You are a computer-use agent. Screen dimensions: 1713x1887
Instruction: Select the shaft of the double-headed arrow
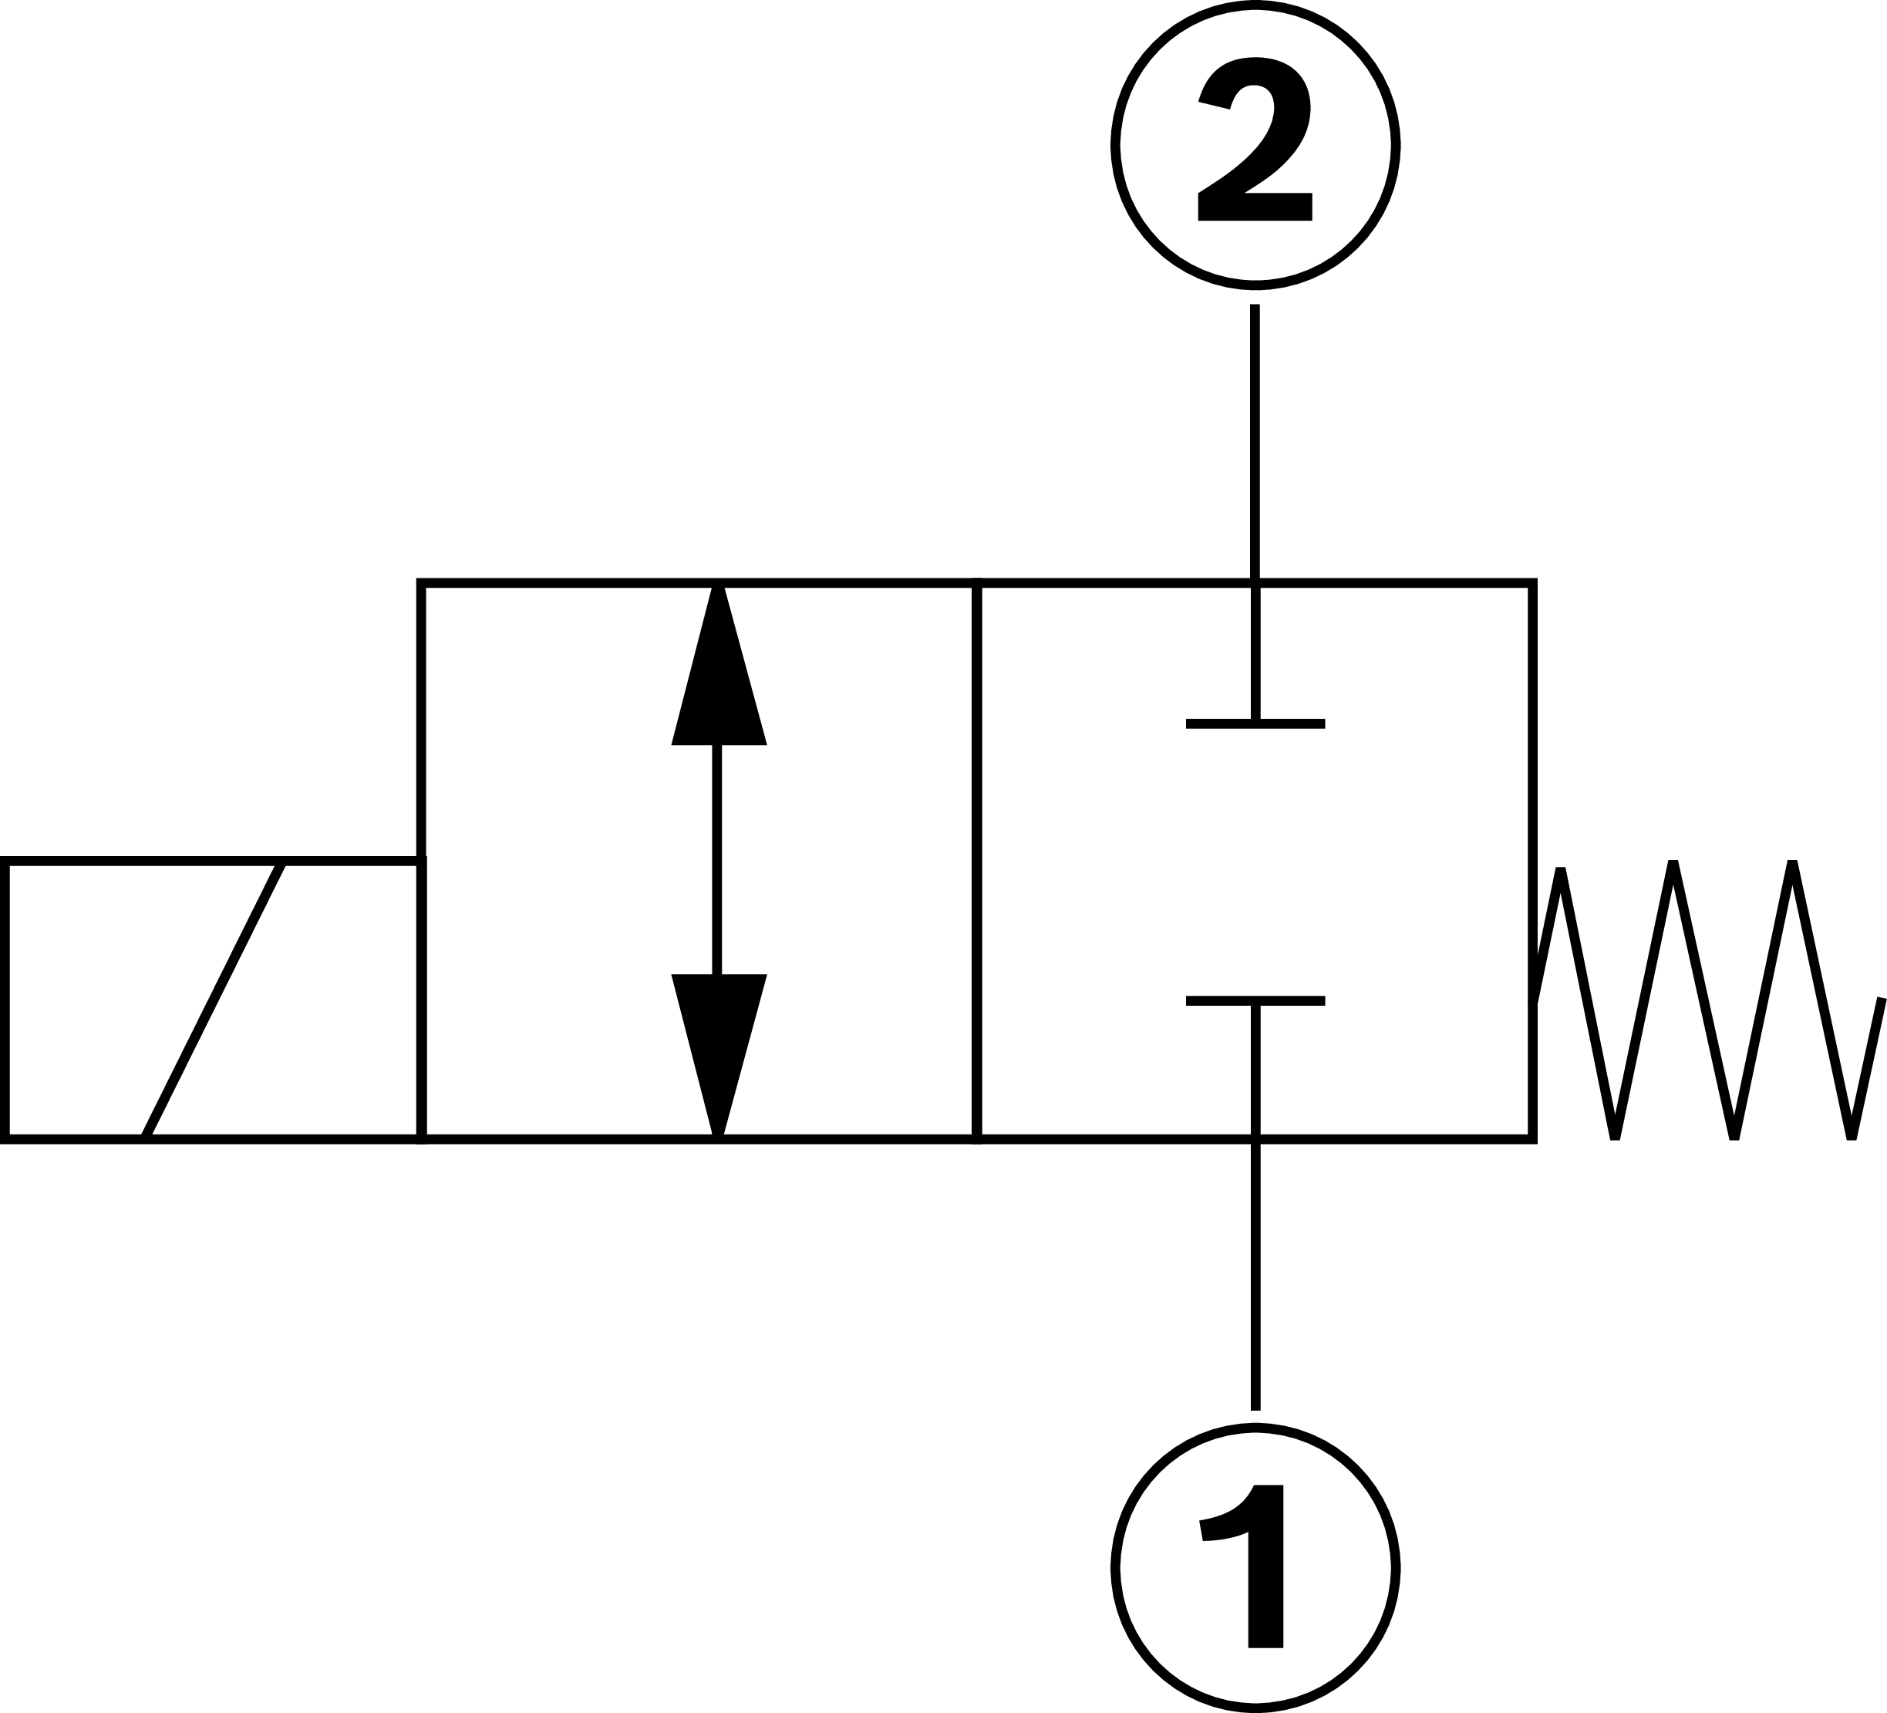[718, 858]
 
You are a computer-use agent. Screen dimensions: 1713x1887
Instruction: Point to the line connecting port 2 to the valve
[1255, 440]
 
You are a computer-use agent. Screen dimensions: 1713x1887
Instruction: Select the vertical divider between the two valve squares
[976, 858]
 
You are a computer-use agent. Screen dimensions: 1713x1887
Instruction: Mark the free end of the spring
[1879, 1000]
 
